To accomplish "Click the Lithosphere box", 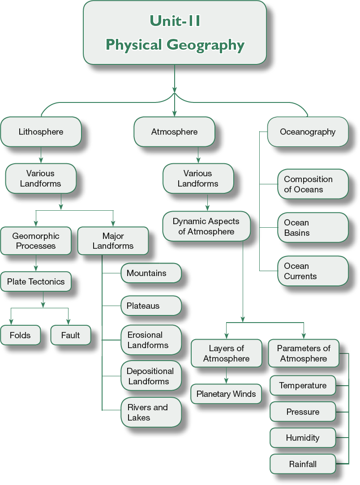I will coord(41,132).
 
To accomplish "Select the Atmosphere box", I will coord(174,132).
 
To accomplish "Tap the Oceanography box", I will coord(308,132).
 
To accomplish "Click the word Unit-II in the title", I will coord(175,21).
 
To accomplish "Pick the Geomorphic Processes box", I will coord(36,241).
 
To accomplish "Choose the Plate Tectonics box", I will coord(36,281).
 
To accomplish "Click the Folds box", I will coord(20,335).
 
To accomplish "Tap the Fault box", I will coord(71,335).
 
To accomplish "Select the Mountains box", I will coord(151,273).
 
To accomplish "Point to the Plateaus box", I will coord(151,306).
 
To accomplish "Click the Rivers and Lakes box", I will coord(151,412).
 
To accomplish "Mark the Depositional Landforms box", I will coord(151,376).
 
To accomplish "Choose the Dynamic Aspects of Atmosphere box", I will coord(206,226).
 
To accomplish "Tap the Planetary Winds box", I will coord(226,394).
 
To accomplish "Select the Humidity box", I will coord(303,438).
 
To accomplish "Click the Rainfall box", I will coord(303,464).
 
